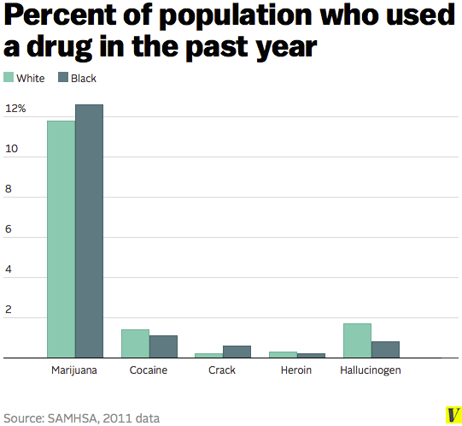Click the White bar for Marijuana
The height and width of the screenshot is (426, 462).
point(61,239)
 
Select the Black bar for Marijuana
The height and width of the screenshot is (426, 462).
point(89,231)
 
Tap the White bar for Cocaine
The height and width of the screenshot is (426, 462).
point(135,343)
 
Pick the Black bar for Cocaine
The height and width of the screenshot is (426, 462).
point(163,346)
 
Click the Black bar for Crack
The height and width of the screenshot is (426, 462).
point(237,352)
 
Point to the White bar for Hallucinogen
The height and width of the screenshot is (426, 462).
point(356,340)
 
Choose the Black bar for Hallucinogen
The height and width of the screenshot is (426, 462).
point(384,349)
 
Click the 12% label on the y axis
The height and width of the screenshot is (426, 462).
point(16,109)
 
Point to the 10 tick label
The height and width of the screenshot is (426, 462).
point(11,150)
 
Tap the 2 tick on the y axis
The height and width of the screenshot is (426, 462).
point(9,310)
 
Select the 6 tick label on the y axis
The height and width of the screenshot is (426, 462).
point(9,230)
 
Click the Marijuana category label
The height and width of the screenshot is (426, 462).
point(74,370)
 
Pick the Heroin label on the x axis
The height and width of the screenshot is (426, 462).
point(296,370)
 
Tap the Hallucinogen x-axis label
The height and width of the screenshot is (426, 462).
point(370,370)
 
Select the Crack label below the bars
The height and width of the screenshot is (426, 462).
point(222,370)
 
